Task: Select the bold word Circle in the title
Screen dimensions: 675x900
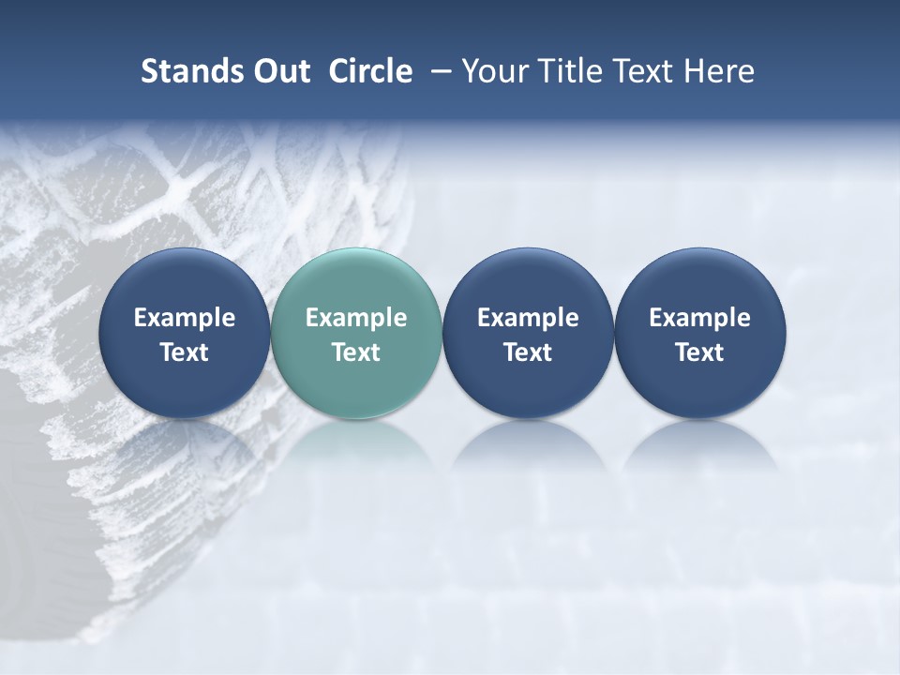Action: [x=370, y=71]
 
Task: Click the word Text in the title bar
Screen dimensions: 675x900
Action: [x=643, y=71]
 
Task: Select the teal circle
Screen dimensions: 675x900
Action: [x=356, y=333]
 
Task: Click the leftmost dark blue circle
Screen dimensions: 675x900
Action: [x=185, y=333]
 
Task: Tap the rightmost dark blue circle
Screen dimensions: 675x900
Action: [x=699, y=333]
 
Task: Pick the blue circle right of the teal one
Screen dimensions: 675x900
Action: [x=528, y=333]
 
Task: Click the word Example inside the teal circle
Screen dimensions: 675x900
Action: [x=356, y=318]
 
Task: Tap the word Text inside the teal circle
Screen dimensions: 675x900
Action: [x=356, y=352]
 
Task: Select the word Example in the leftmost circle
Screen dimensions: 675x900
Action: [x=185, y=318]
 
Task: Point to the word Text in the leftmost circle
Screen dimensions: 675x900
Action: [x=185, y=352]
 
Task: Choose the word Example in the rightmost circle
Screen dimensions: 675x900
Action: [x=699, y=318]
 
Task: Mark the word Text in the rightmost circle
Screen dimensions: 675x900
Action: [x=699, y=352]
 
